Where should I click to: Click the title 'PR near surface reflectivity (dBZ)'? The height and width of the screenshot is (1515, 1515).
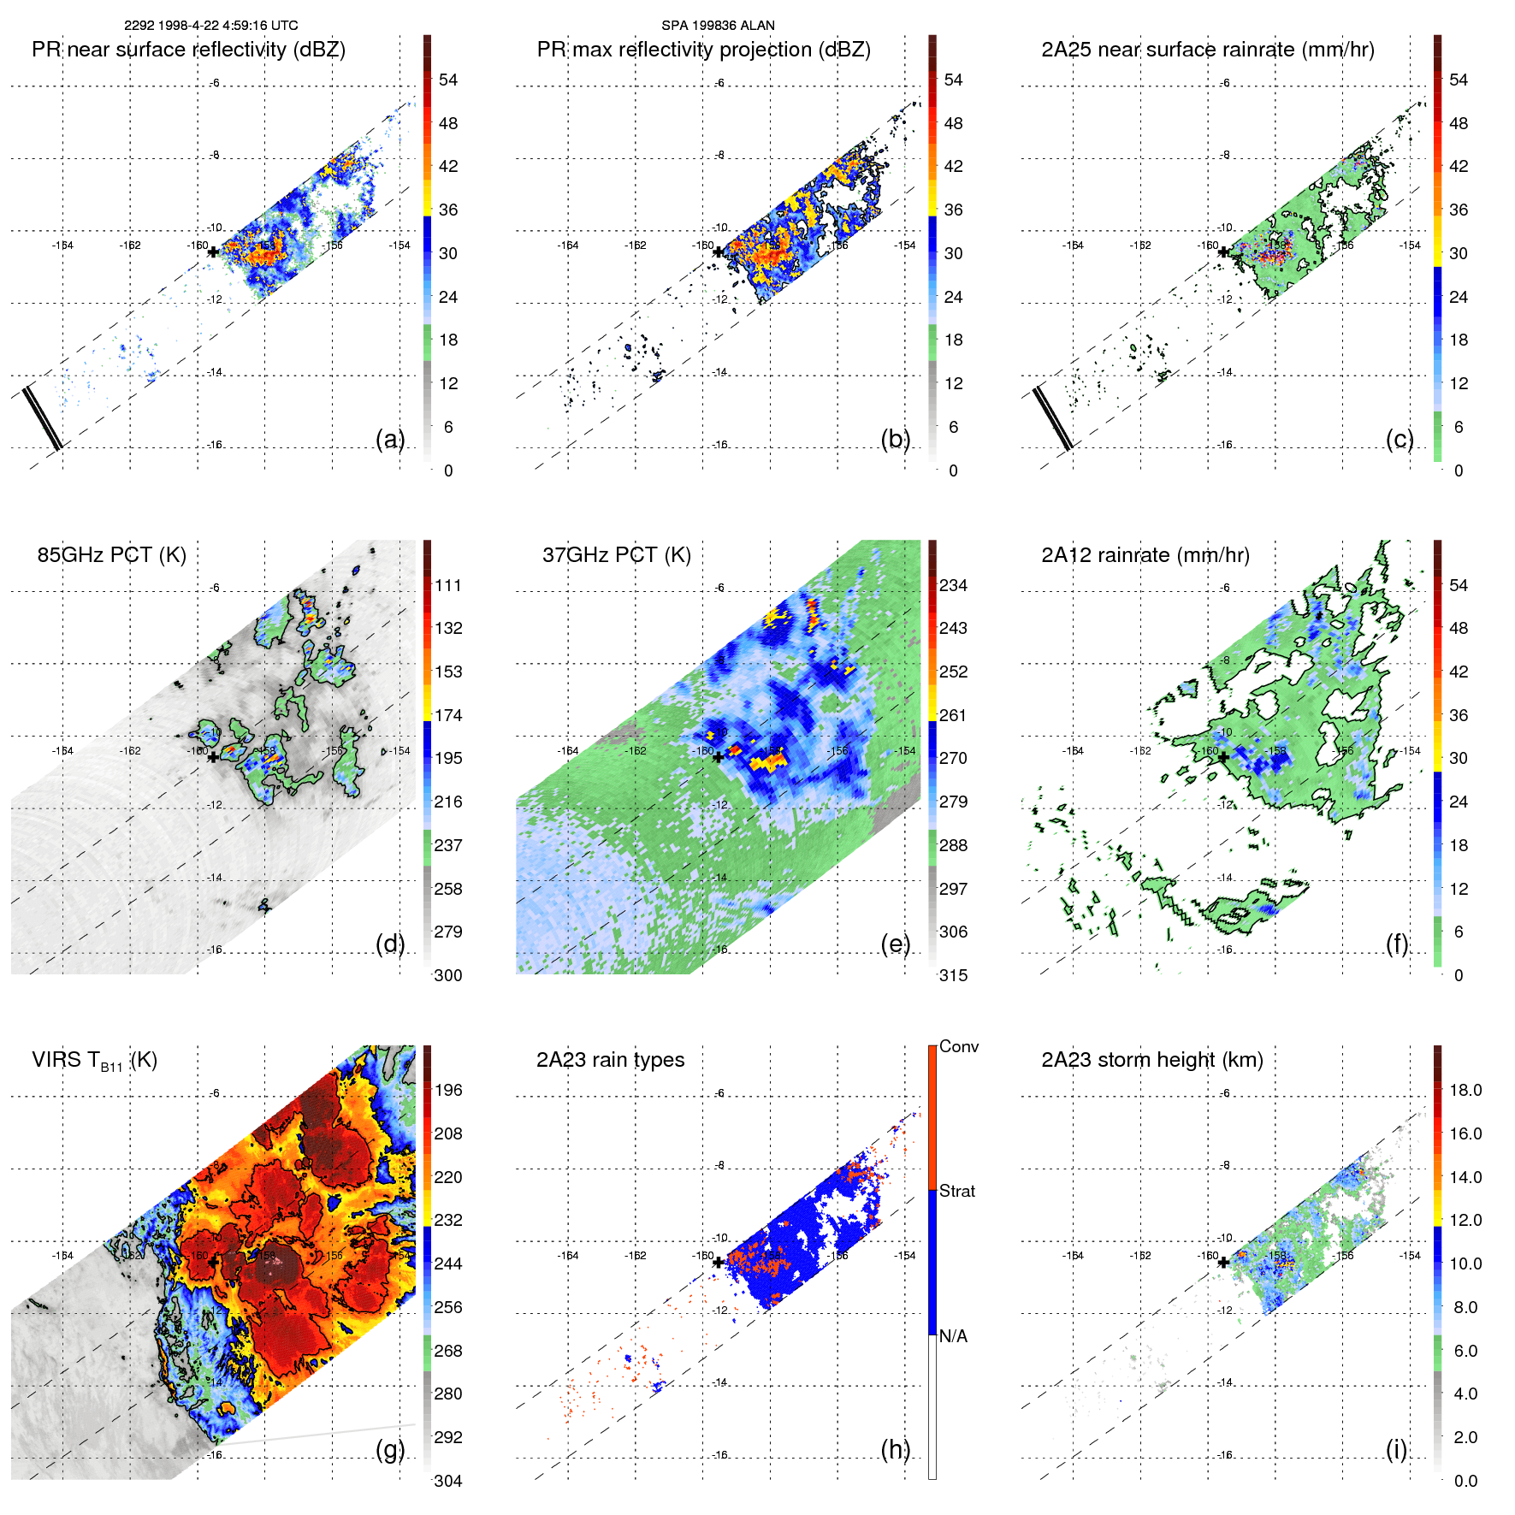pyautogui.click(x=188, y=50)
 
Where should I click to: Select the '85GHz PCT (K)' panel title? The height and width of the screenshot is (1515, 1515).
pyautogui.click(x=111, y=555)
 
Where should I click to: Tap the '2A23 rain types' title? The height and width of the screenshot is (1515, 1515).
pyautogui.click(x=610, y=1060)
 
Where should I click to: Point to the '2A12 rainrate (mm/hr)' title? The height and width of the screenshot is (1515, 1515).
pyautogui.click(x=1145, y=555)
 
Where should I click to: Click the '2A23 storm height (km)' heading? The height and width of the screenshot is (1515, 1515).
pyautogui.click(x=1151, y=1060)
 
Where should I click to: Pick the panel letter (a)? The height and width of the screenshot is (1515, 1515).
pyautogui.click(x=390, y=439)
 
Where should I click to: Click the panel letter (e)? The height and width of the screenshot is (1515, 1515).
pyautogui.click(x=895, y=944)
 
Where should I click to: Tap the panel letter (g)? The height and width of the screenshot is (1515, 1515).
pyautogui.click(x=390, y=1449)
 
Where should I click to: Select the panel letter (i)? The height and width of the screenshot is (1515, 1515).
pyautogui.click(x=1396, y=1449)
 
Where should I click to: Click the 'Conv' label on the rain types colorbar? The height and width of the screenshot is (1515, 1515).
pyautogui.click(x=958, y=1046)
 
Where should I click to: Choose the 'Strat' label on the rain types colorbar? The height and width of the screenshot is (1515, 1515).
pyautogui.click(x=956, y=1191)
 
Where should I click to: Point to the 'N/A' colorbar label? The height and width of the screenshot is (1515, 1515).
pyautogui.click(x=953, y=1336)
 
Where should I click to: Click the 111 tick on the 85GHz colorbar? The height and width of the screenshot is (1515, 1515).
pyautogui.click(x=447, y=585)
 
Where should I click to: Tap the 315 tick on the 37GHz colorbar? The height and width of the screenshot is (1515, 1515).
pyautogui.click(x=953, y=975)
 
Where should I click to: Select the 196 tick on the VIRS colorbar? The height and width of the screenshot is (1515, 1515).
pyautogui.click(x=447, y=1090)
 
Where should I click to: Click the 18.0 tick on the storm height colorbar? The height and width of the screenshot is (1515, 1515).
pyautogui.click(x=1465, y=1090)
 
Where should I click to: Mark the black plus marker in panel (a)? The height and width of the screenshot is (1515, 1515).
pyautogui.click(x=213, y=252)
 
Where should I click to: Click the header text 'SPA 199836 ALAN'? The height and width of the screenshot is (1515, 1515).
pyautogui.click(x=718, y=26)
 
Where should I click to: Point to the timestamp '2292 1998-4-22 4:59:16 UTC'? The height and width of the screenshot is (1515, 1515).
pyautogui.click(x=211, y=26)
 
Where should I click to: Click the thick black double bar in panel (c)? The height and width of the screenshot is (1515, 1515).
pyautogui.click(x=1052, y=417)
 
